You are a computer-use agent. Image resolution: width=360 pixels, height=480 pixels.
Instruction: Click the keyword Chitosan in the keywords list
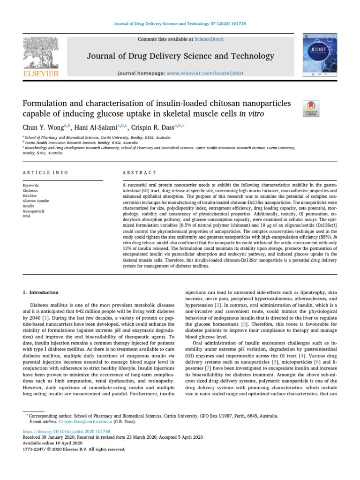[x=30, y=191]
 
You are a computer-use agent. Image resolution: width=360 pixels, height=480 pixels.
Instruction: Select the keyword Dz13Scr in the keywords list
[x=30, y=195]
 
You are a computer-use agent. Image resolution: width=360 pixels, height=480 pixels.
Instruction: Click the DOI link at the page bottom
[x=67, y=431]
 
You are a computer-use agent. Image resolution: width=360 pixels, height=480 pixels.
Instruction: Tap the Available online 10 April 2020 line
[x=52, y=442]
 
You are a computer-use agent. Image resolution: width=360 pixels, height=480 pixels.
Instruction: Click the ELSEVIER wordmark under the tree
[x=41, y=73]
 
